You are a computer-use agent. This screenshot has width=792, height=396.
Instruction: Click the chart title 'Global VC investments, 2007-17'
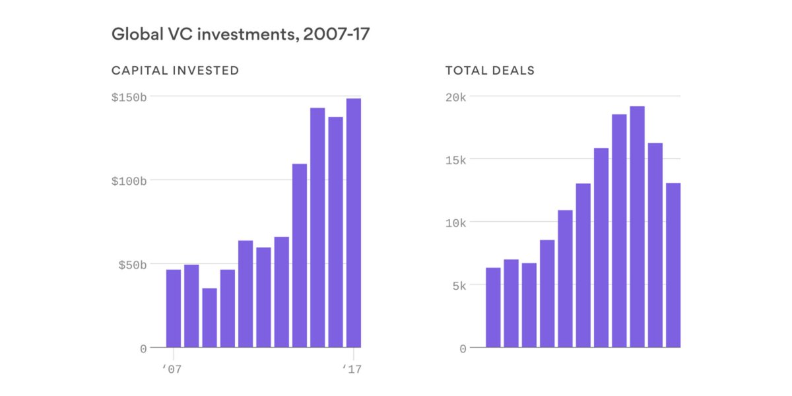point(240,35)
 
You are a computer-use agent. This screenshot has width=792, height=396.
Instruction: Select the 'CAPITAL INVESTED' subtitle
point(175,71)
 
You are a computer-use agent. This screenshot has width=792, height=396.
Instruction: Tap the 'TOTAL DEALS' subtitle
point(490,71)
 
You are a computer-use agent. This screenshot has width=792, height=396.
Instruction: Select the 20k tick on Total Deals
point(453,97)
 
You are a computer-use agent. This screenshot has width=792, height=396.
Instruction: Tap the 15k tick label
point(453,160)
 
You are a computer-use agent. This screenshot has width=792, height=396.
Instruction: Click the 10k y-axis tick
point(453,222)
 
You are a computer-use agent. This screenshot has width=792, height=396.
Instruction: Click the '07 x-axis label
point(172,370)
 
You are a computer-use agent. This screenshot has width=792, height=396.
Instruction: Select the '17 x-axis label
point(352,370)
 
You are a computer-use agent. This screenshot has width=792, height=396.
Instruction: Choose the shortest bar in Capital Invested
point(209,317)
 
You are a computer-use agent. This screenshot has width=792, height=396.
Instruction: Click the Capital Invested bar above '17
point(353,223)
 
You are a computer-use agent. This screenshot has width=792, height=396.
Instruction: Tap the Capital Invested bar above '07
point(173,308)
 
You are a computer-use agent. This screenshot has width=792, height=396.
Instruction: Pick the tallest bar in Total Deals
point(637,226)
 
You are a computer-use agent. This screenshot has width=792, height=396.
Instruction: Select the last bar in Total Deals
point(673,265)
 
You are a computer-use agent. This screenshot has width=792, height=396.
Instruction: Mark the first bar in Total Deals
point(493,307)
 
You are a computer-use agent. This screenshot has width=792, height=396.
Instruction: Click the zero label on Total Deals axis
point(463,348)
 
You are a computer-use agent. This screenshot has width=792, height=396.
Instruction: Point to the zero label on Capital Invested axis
point(143,348)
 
